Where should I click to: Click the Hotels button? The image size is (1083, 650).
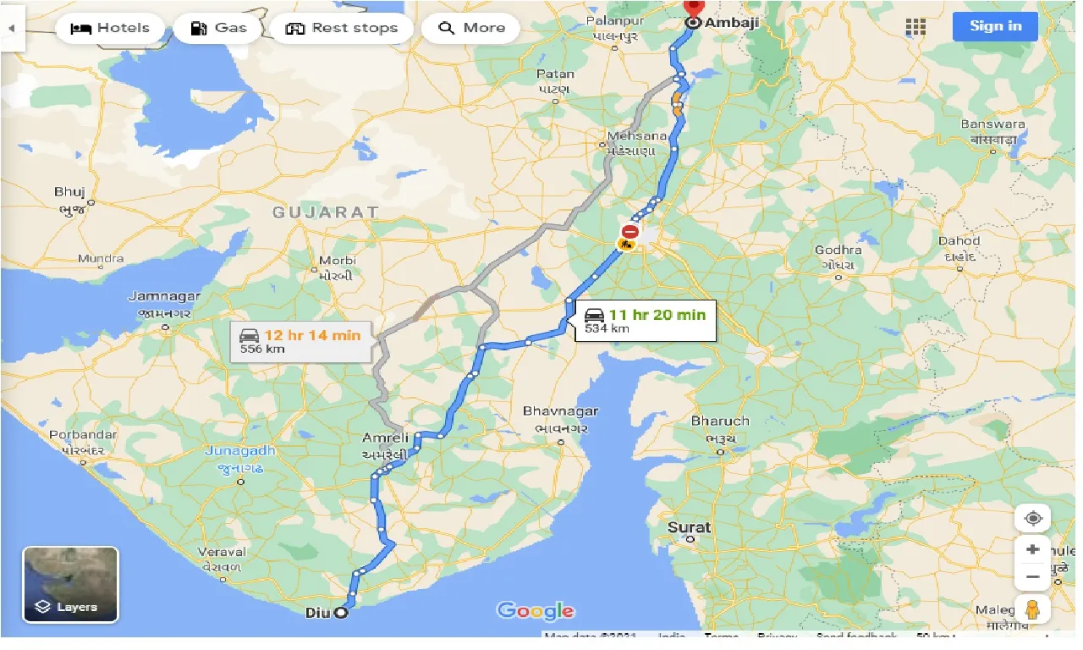coord(108,28)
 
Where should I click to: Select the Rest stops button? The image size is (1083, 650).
coord(341,28)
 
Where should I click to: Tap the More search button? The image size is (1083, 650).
coord(472,28)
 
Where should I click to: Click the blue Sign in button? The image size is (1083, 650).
coord(995,26)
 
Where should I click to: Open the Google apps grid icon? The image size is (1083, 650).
coord(915,27)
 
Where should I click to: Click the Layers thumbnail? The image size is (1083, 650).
coord(70,584)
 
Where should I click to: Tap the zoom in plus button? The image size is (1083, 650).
coord(1032,549)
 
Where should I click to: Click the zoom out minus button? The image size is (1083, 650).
coord(1032,577)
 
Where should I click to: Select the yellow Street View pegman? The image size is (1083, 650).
coord(1032,609)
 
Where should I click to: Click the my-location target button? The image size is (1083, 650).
coord(1032,518)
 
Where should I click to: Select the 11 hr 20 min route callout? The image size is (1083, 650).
coord(646,321)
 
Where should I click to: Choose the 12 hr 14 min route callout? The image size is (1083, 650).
coord(300,341)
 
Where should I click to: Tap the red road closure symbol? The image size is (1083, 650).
coord(630,231)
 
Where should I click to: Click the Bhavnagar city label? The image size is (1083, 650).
coord(560,411)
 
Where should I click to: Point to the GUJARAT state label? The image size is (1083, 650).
coord(325,212)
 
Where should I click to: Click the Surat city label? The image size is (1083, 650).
coord(689,527)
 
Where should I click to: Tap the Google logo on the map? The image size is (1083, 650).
coord(536,610)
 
